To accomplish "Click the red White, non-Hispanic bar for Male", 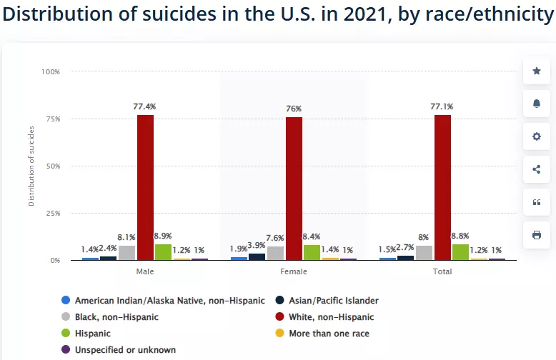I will click(x=145, y=187).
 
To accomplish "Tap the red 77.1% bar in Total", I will click(x=442, y=187).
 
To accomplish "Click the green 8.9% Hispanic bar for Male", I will click(x=163, y=252).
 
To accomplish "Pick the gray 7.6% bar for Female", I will click(x=276, y=253).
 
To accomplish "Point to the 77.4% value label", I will click(x=144, y=106).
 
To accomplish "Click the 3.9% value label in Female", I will click(x=257, y=245).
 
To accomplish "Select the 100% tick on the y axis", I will click(x=51, y=71).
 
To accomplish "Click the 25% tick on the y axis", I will click(x=52, y=213).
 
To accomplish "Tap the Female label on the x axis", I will click(x=294, y=272).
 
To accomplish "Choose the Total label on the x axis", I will click(x=442, y=272).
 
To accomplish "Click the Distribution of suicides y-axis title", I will click(x=31, y=166).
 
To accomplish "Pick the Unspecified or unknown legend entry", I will click(x=124, y=350).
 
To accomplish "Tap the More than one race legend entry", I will click(x=329, y=333).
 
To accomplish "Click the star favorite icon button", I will click(x=536, y=71).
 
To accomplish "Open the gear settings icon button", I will click(x=536, y=136).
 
